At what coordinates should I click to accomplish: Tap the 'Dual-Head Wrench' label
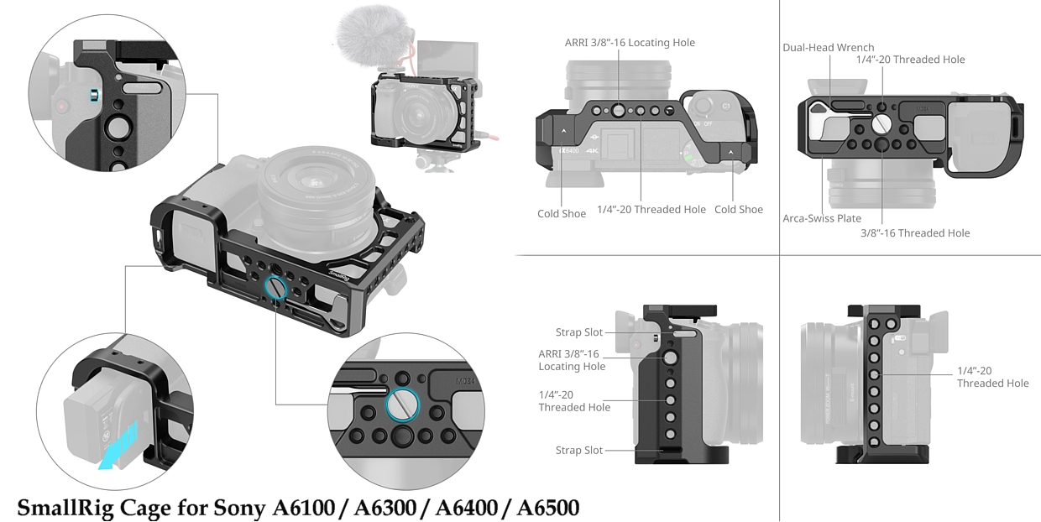[828, 47]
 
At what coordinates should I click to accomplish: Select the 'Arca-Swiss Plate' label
[822, 218]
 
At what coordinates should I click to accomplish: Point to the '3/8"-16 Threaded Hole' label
[915, 233]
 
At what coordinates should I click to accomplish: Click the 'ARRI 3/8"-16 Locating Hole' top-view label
[630, 43]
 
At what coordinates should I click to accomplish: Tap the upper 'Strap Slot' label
[579, 332]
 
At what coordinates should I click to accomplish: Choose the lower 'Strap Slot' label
[579, 451]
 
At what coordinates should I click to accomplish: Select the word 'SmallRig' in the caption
[65, 508]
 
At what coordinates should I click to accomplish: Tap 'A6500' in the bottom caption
[548, 508]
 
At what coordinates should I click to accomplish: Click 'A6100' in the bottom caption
[303, 508]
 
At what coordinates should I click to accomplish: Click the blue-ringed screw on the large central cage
[275, 288]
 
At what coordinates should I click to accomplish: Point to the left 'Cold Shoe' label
[562, 214]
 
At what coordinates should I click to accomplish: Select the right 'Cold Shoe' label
[739, 210]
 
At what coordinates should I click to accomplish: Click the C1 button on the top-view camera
[726, 107]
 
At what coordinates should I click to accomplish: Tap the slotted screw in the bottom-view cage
[881, 124]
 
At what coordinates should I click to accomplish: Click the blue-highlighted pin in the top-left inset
[94, 95]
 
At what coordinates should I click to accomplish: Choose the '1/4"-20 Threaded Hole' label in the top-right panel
[910, 60]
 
